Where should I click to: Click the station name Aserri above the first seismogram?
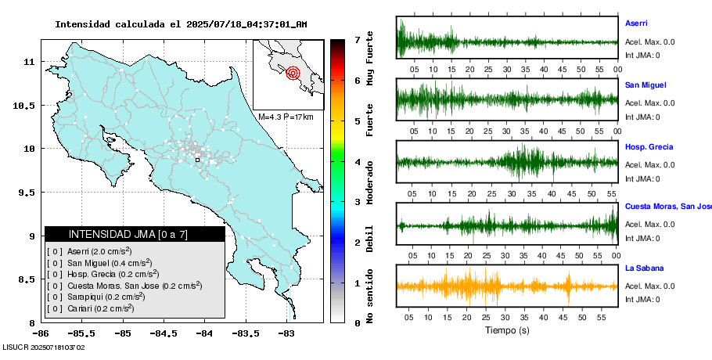coord(636,23)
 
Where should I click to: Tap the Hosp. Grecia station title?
coord(649,147)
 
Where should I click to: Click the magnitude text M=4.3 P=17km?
coord(286,117)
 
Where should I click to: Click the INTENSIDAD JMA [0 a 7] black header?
coord(135,234)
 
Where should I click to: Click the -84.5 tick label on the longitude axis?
coord(163,333)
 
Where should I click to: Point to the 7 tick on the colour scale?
coord(357,39)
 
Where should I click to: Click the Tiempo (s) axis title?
coord(507,329)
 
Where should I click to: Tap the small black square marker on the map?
coord(198,160)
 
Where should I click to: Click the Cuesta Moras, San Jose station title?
coord(667,207)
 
